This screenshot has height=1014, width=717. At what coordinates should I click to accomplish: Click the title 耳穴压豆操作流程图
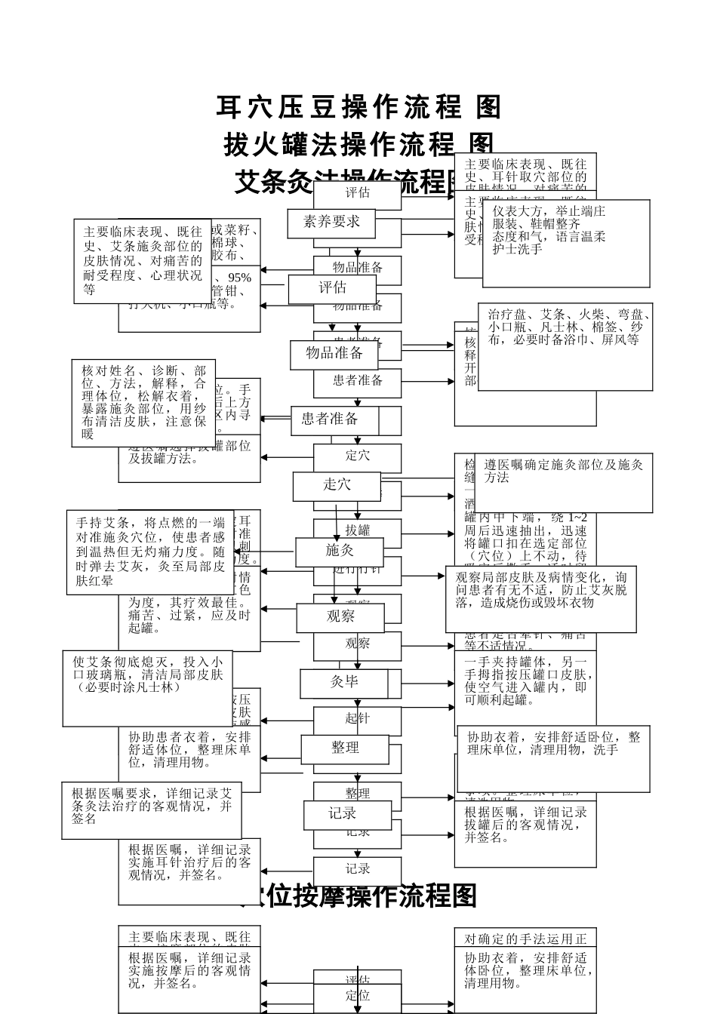tap(358, 107)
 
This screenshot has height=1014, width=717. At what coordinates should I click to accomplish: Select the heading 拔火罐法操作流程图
tap(358, 143)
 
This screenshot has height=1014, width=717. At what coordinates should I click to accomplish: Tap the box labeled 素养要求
tap(332, 223)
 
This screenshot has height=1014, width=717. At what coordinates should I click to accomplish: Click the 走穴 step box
tap(337, 486)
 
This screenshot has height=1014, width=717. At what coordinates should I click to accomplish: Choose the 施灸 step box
tap(340, 552)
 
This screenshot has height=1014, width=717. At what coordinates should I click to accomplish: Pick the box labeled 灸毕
tap(344, 683)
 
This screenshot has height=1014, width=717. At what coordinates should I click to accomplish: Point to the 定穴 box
tap(358, 456)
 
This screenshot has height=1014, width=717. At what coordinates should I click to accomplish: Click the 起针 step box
tap(358, 719)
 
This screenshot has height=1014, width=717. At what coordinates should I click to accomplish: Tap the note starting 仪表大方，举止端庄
tap(566, 241)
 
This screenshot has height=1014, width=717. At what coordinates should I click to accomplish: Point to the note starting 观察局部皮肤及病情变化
tap(540, 598)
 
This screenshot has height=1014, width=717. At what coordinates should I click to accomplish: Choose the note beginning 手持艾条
tap(149, 552)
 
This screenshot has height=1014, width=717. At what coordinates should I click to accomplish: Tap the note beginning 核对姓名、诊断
tap(143, 402)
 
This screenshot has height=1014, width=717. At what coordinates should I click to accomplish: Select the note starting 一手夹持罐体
tap(526, 683)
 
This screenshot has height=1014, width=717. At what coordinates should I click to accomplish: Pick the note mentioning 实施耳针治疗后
tap(189, 868)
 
